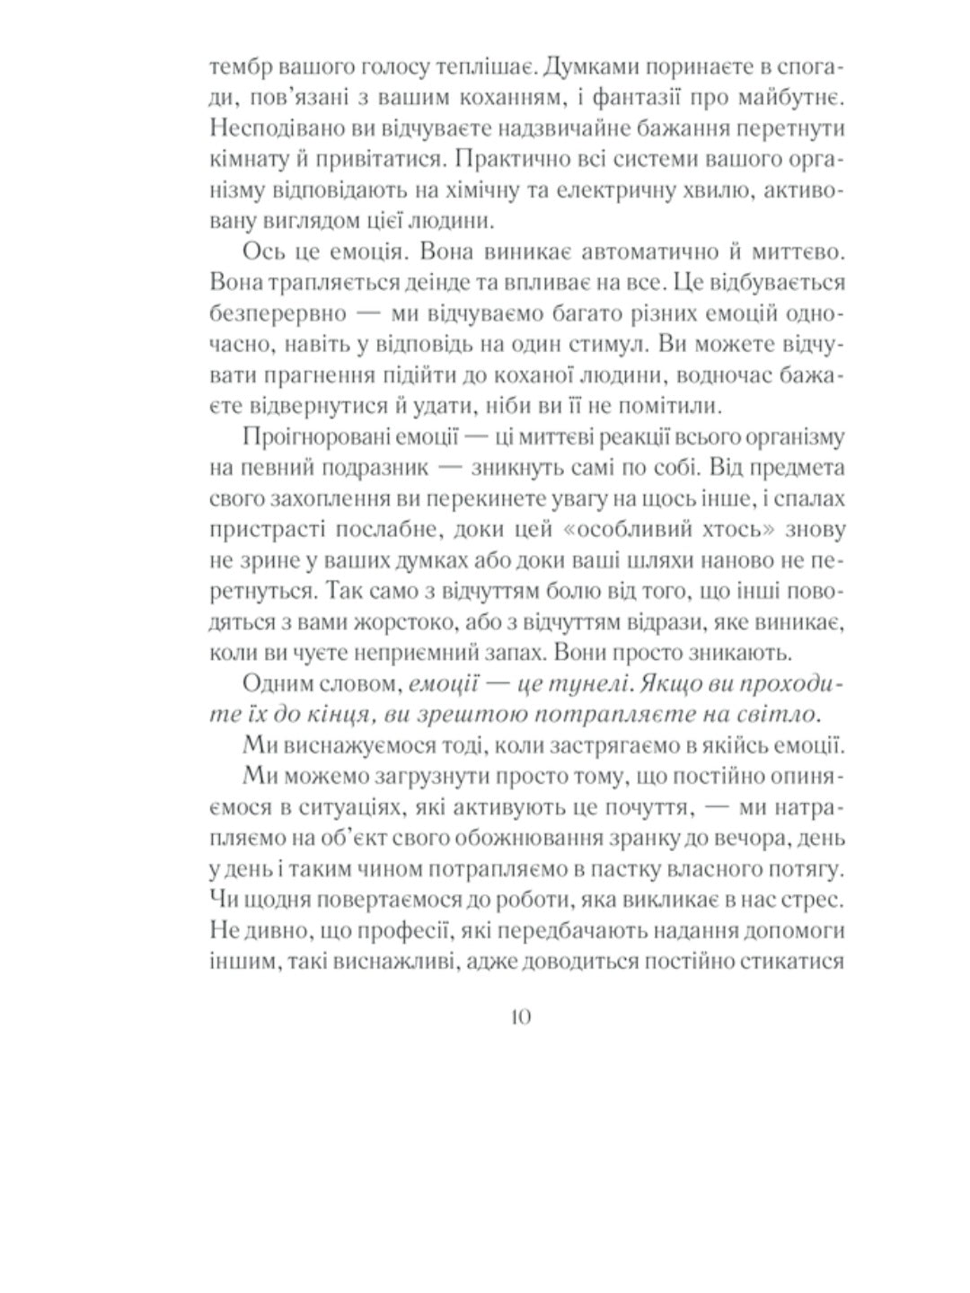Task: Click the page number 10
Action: tap(520, 1016)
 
